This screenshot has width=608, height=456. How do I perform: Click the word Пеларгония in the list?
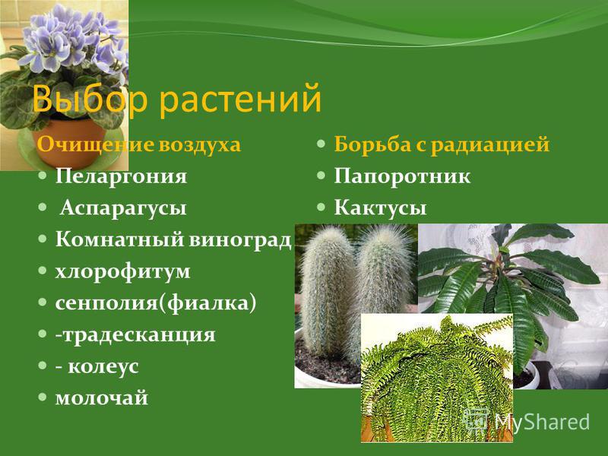pyautogui.click(x=121, y=177)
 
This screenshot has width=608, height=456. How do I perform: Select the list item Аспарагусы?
pyautogui.click(x=123, y=208)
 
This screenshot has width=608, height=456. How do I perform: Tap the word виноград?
pyautogui.click(x=240, y=240)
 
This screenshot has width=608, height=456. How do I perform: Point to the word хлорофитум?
pyautogui.click(x=122, y=272)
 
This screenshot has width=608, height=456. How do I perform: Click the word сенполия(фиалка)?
pyautogui.click(x=156, y=303)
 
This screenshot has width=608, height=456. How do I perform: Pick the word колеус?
pyautogui.click(x=103, y=366)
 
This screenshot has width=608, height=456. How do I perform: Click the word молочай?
pyautogui.click(x=102, y=398)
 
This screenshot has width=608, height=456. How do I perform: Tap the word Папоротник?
pyautogui.click(x=402, y=177)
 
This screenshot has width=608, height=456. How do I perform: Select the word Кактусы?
pyautogui.click(x=380, y=207)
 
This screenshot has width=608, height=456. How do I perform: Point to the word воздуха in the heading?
pyautogui.click(x=199, y=145)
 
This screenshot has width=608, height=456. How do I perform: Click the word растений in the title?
pyautogui.click(x=240, y=99)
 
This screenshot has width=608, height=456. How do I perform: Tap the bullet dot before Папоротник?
pyautogui.click(x=320, y=176)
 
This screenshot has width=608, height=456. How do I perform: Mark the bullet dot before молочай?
pyautogui.click(x=42, y=397)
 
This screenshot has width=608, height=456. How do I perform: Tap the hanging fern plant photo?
pyautogui.click(x=437, y=378)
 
